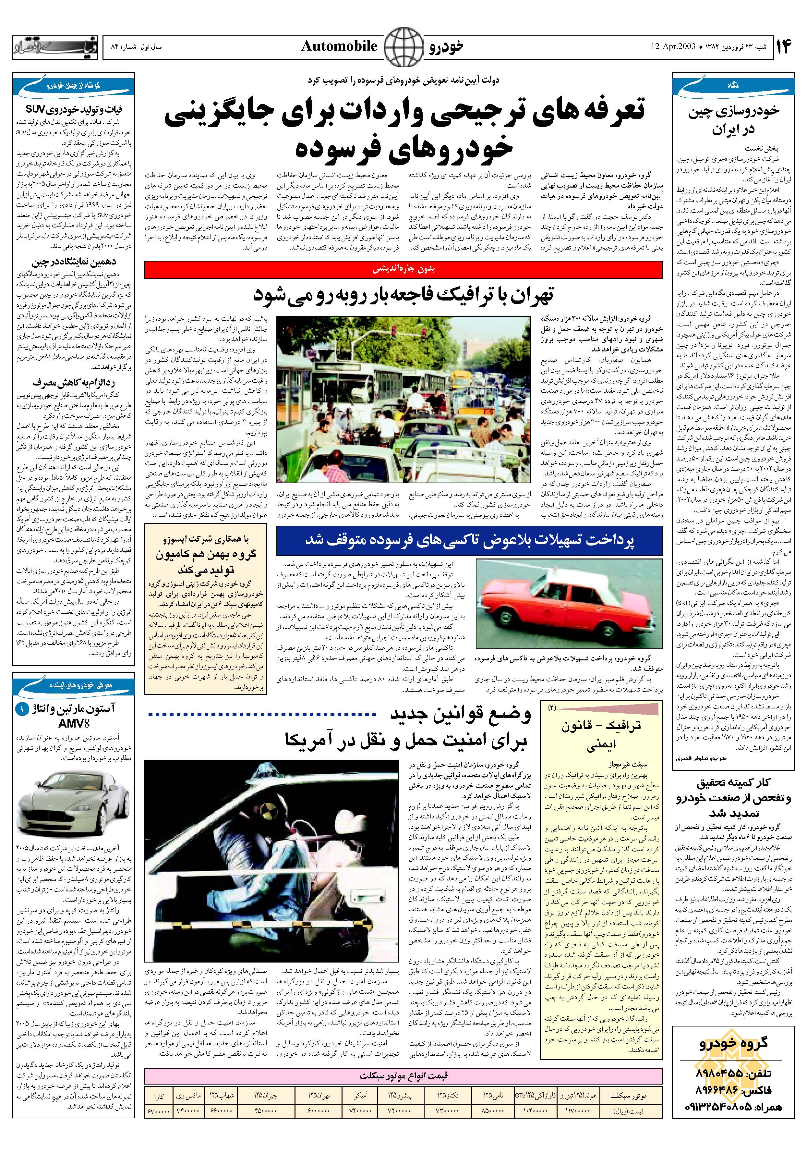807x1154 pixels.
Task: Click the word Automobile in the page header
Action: tap(339, 47)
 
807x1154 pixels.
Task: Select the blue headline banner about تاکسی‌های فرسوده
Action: tap(469, 540)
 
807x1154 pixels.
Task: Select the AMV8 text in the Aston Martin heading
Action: tap(74, 724)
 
